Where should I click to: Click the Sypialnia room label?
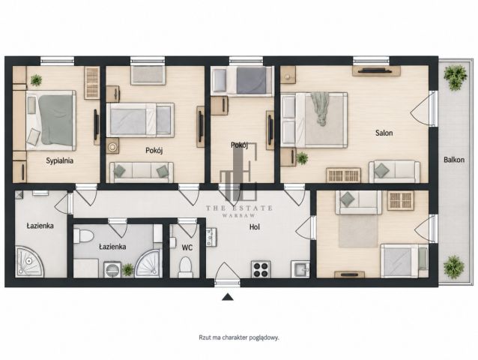pos(59,160)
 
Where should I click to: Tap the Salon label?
pos(384,133)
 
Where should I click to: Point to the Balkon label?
pos(454,160)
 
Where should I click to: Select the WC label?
pos(187,247)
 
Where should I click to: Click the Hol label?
pos(255,227)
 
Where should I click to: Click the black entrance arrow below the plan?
pos(228,297)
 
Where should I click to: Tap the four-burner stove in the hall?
pos(261,269)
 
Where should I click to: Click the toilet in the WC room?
pos(185,267)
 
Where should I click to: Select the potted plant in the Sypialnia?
pos(36,80)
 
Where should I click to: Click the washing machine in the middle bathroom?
pos(112,270)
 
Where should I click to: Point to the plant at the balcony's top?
pos(455,77)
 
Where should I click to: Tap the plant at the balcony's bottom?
pos(454,267)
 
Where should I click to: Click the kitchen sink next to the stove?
pos(300,269)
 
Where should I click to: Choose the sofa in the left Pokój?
pos(142,172)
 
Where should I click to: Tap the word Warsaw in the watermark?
pos(239,215)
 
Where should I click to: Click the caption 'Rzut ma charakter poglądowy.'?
pos(239,337)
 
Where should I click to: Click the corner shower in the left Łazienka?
pos(29,262)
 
